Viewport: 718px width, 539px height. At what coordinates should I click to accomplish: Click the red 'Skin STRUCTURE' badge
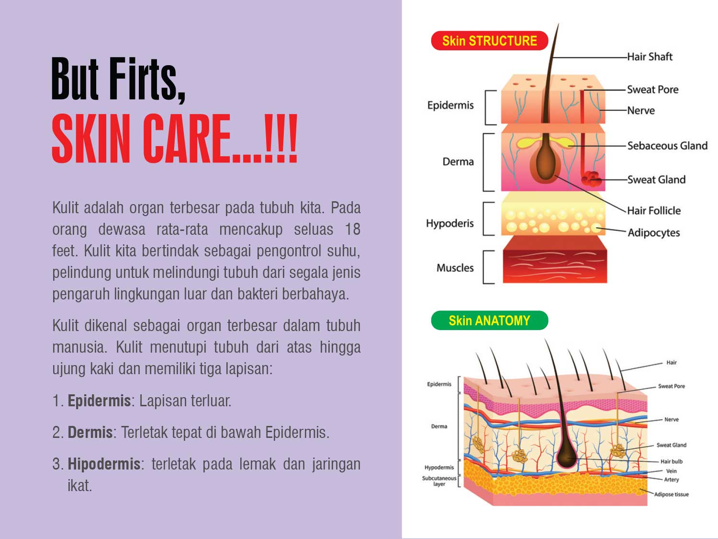(489, 41)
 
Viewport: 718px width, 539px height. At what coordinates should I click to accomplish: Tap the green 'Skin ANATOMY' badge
(489, 321)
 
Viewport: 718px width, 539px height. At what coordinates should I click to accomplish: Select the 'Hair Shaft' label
(650, 57)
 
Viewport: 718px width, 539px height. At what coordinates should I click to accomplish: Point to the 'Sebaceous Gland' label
(667, 146)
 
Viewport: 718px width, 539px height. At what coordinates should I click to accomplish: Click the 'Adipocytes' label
(653, 233)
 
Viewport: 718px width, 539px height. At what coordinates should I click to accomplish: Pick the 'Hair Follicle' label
(654, 210)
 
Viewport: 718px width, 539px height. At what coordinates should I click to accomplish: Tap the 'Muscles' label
(455, 268)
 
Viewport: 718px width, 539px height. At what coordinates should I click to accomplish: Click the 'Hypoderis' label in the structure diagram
(450, 224)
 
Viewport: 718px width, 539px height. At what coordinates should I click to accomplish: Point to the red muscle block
(555, 259)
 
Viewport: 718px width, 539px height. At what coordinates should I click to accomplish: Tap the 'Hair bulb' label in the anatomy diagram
(672, 461)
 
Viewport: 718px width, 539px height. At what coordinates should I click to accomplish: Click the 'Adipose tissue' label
(671, 494)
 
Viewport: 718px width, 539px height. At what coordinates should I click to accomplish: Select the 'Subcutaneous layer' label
(439, 481)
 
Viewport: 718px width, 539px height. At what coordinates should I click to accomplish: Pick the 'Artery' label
(671, 480)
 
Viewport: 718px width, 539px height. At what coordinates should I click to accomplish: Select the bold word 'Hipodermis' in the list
(104, 464)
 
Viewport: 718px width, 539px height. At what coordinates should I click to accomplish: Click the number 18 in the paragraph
(353, 229)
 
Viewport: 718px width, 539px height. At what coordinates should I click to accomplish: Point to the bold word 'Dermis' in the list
(90, 432)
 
